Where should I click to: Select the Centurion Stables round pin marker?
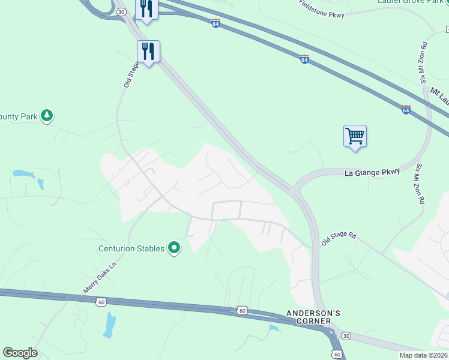pos(174,248)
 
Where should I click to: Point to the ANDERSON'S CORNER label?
pos(313,317)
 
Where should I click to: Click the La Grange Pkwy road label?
pos(372,173)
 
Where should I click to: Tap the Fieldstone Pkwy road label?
pos(322,10)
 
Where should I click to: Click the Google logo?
pos(20,353)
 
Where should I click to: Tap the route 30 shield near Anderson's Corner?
pos(346,335)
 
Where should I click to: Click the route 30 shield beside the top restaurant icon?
pos(121,11)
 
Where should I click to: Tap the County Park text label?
pos(18,115)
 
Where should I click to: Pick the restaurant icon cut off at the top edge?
pos(147,10)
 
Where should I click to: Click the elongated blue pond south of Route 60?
pos(110,325)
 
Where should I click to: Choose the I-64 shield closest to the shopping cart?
pos(406,110)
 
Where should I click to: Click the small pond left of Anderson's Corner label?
pos(274,328)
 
